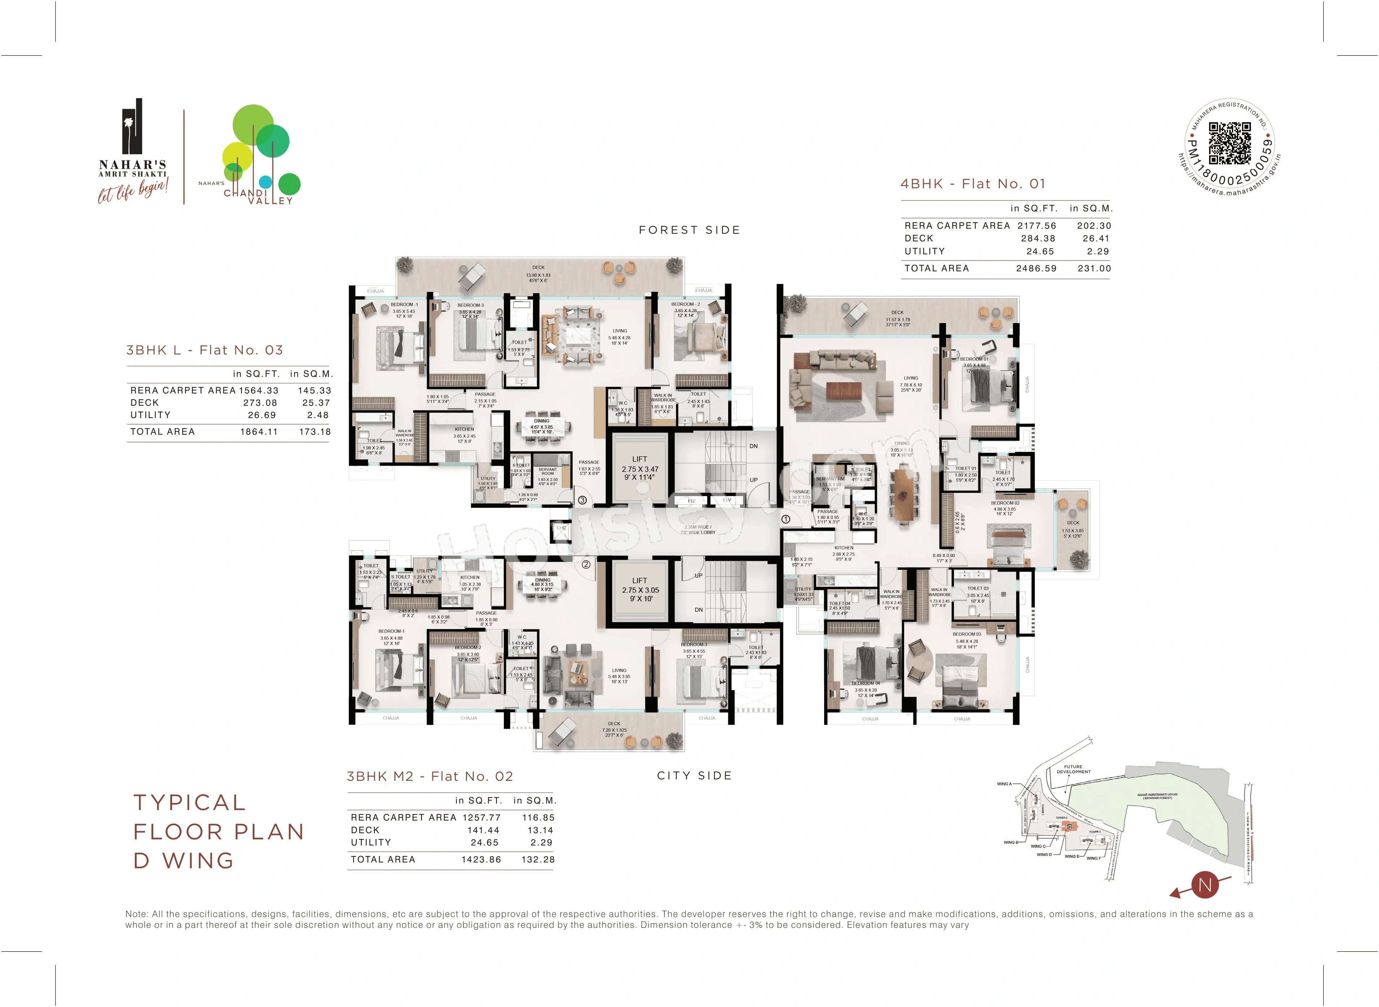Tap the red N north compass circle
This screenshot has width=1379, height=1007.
[x=1205, y=885]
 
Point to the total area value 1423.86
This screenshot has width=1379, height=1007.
[x=481, y=860]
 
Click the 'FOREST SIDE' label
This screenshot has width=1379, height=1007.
[x=689, y=230]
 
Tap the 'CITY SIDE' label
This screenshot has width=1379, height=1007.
[x=694, y=775]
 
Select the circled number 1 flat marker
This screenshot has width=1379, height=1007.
[x=786, y=519]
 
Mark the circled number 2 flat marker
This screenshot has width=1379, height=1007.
[x=586, y=564]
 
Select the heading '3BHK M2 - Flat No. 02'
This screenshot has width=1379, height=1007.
[x=430, y=776]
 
